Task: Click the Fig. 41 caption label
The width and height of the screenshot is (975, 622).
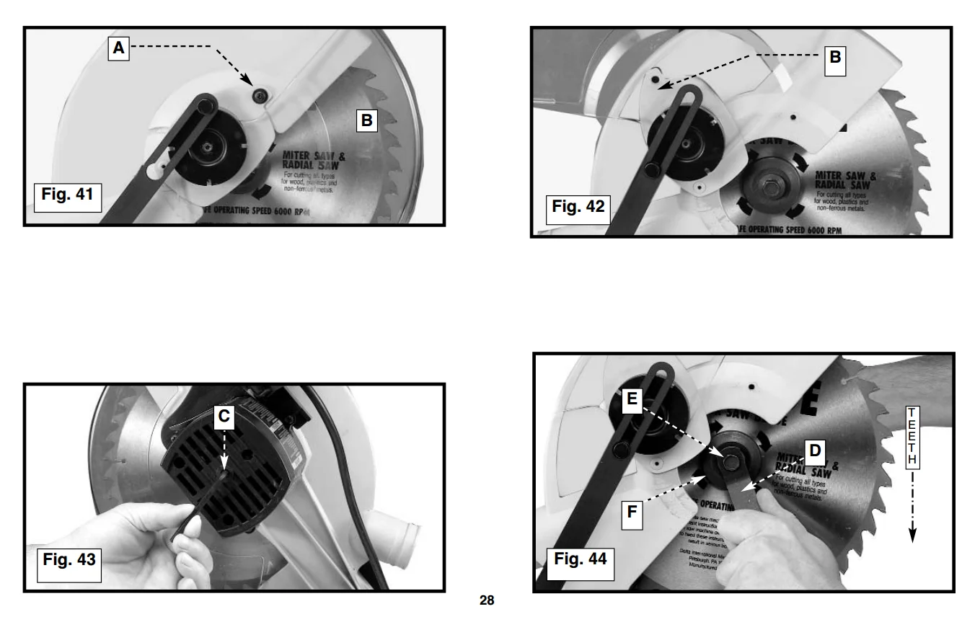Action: point(68,195)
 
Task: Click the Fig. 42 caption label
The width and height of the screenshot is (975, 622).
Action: point(576,208)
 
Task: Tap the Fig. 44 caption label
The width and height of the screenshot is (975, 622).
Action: point(580,559)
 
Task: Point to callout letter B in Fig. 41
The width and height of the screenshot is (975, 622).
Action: point(366,120)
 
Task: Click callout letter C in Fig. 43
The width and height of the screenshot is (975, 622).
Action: point(224,416)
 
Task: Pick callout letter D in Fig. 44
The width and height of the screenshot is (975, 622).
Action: point(814,451)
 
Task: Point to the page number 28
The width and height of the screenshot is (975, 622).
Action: point(487,600)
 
